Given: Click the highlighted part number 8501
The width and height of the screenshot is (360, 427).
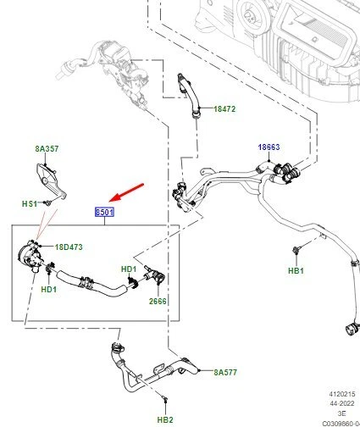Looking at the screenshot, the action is pos(104,212).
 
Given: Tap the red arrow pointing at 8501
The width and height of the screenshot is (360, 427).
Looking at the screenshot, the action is pos(126,193).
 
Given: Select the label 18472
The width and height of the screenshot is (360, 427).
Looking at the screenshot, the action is pos(224,109).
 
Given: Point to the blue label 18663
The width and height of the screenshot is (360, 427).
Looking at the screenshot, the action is pos(269,147).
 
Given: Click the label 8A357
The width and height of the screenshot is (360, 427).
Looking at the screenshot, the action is pos(47,148).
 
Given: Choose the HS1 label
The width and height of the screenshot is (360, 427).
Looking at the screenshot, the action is pos(30,203).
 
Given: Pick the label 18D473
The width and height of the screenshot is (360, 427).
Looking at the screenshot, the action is pos(69,247).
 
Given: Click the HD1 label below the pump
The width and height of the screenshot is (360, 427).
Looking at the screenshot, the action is pos(49,289).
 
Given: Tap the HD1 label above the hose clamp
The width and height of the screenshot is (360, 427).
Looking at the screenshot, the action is pos(129,269).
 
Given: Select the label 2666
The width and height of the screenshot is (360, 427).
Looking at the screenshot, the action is pos(158,302).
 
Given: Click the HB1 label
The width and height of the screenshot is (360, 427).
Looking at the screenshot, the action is pos(296,270).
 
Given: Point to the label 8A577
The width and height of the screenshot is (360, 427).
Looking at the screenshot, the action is pos(225,372).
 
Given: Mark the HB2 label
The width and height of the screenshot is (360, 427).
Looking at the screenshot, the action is pos(165,419).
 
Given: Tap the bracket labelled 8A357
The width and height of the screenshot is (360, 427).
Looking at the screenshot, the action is pos(51,180).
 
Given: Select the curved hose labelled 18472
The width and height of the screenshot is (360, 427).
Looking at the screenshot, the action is pos(188,96).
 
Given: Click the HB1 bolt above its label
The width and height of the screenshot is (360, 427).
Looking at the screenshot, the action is pos(296,249).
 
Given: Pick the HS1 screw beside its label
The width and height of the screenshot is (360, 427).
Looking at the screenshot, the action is pos(47,202).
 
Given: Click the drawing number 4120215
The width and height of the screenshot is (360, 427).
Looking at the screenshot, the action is pos(341,394).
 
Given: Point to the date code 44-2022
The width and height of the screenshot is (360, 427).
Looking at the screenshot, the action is pos(341,403).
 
